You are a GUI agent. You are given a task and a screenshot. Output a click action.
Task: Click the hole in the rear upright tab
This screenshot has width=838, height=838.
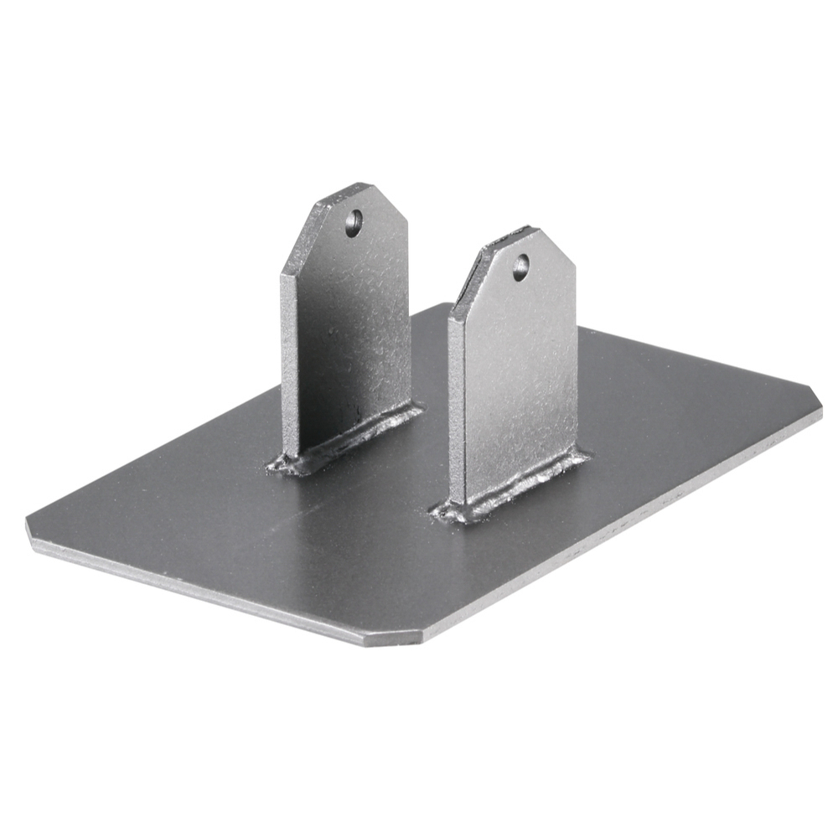(x=354, y=222)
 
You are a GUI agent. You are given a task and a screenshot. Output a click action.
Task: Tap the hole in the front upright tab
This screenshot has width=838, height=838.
(x=520, y=267)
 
